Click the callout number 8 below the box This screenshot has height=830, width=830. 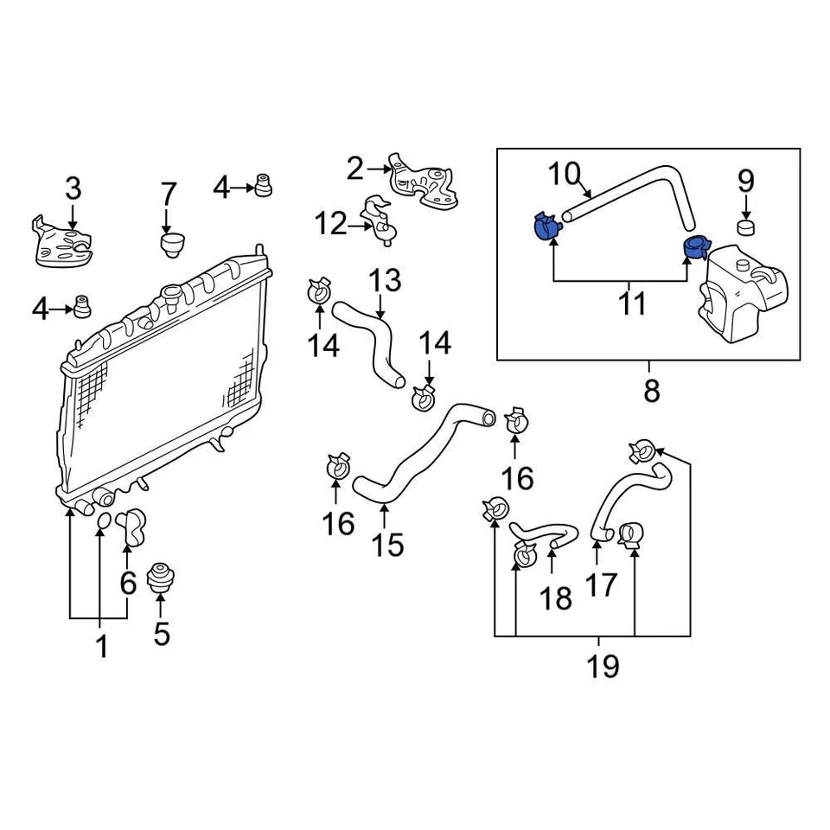pyautogui.click(x=651, y=391)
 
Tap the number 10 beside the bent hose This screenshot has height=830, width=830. pyautogui.click(x=568, y=175)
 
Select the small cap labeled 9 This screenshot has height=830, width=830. pyautogui.click(x=746, y=227)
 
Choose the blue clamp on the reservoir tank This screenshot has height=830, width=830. pyautogui.click(x=695, y=247)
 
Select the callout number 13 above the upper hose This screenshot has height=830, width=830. pyautogui.click(x=386, y=280)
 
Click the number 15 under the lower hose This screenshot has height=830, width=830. pyautogui.click(x=388, y=545)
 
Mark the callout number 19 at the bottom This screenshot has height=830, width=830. pyautogui.click(x=603, y=666)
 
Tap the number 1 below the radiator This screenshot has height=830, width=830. pyautogui.click(x=101, y=645)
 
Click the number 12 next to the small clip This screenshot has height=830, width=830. pyautogui.click(x=329, y=225)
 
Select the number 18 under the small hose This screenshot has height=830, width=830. pyautogui.click(x=557, y=597)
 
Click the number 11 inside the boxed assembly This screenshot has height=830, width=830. pyautogui.click(x=633, y=304)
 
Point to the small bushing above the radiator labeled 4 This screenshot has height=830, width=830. pyautogui.click(x=263, y=185)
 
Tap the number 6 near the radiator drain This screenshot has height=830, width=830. pyautogui.click(x=128, y=584)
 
